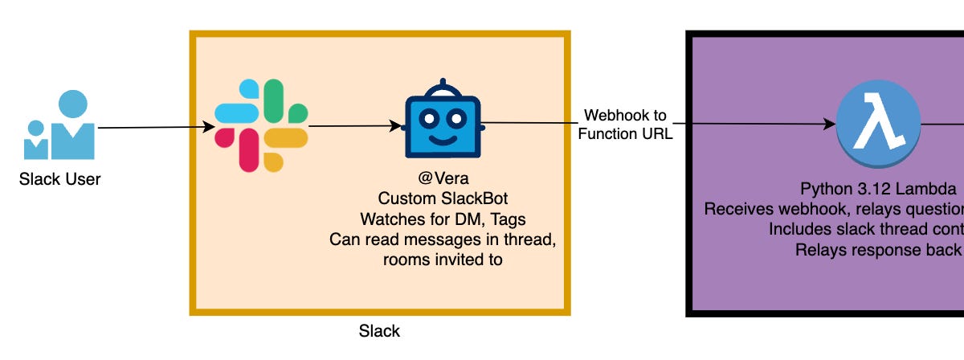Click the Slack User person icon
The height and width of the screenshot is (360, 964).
(x=60, y=126)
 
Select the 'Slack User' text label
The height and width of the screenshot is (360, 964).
(x=60, y=179)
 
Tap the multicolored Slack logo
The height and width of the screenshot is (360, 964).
(x=262, y=125)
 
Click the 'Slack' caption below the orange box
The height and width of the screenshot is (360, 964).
(x=379, y=331)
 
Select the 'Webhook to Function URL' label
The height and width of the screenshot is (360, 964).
(x=625, y=125)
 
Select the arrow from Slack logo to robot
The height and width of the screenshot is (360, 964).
(x=353, y=126)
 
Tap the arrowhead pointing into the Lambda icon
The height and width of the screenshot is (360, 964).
(x=830, y=125)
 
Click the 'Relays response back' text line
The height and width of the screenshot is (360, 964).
(x=879, y=249)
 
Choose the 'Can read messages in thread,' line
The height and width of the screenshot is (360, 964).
(x=443, y=239)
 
